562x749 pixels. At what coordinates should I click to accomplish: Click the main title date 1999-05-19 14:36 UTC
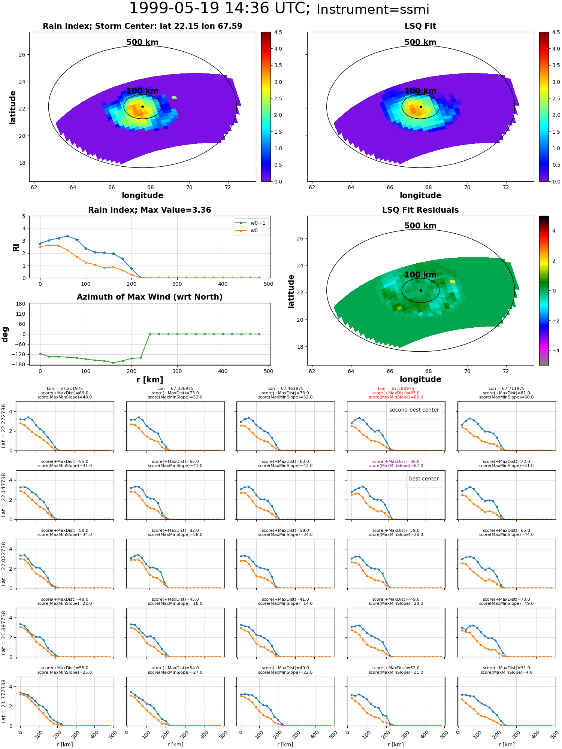(220, 8)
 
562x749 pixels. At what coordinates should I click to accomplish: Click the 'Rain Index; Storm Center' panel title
(142, 26)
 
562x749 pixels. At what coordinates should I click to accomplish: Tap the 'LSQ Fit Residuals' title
(420, 210)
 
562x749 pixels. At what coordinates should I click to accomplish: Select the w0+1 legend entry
(251, 223)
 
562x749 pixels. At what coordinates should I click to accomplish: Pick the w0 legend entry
(247, 231)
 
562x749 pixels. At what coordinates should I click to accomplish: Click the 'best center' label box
(424, 479)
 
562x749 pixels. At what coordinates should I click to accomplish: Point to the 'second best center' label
(414, 410)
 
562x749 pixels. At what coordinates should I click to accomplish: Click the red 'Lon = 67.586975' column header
(396, 389)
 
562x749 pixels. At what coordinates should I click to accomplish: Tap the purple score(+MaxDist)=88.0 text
(396, 462)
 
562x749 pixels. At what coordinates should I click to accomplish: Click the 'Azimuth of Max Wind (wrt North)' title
(149, 297)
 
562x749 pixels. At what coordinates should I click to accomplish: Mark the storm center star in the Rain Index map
(142, 107)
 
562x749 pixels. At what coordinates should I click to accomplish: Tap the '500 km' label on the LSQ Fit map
(420, 42)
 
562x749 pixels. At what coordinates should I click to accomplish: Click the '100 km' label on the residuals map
(420, 275)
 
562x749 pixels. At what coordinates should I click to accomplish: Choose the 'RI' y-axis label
(16, 247)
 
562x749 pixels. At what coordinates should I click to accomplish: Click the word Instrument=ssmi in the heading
(373, 10)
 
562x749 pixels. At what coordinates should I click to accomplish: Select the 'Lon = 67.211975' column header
(65, 389)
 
